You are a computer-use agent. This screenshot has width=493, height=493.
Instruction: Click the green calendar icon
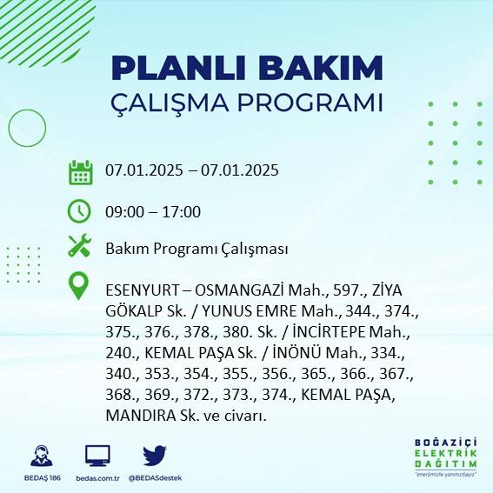[80, 171]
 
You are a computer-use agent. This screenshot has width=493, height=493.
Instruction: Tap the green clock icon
[80, 211]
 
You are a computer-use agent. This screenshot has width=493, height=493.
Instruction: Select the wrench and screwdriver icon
[80, 247]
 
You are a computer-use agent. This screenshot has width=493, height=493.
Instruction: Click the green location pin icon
[80, 286]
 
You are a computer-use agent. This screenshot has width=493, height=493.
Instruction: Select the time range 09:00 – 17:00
[153, 211]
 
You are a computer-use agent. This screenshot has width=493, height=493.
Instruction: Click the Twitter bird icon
[155, 456]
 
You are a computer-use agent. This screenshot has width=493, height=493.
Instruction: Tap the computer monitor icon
[97, 456]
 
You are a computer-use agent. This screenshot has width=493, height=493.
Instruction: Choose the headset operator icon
[40, 456]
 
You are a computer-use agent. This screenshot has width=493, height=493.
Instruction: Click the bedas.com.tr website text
[97, 478]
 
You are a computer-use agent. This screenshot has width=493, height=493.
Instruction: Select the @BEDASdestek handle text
[155, 478]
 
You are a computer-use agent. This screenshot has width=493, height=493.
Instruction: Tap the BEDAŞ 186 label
[40, 478]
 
